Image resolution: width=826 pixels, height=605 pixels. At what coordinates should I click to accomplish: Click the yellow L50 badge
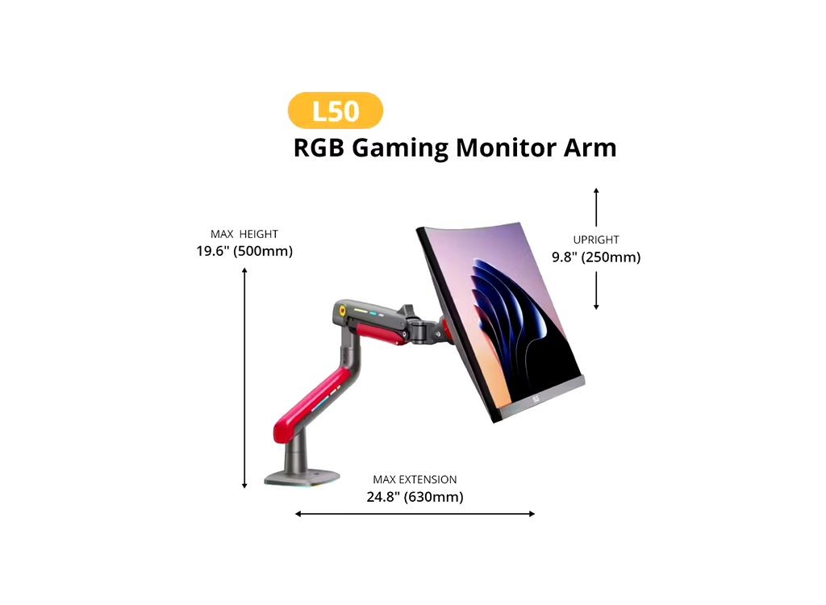tap(335, 111)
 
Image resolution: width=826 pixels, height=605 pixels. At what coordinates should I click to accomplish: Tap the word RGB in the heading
tap(319, 148)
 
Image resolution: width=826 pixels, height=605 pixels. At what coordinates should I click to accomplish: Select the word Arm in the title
tap(590, 148)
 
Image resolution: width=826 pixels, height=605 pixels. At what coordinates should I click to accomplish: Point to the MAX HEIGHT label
tap(244, 234)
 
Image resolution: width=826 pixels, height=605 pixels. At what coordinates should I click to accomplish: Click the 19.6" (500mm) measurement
tap(244, 251)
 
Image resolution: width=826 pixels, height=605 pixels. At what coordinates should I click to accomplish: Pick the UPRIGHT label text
tap(596, 240)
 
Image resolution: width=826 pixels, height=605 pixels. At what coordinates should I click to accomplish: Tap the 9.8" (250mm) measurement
tap(596, 257)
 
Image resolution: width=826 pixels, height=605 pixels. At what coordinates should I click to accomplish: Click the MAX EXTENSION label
tap(415, 480)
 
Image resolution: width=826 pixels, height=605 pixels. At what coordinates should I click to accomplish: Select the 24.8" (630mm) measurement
tap(415, 497)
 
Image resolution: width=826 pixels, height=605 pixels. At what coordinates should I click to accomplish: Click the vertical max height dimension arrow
tap(244, 378)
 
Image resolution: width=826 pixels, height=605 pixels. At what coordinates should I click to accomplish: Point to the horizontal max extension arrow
tap(415, 514)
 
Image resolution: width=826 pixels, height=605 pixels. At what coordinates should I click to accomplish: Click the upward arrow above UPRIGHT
tap(596, 207)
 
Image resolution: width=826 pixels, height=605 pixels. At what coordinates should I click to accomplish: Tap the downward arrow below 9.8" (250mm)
tap(596, 290)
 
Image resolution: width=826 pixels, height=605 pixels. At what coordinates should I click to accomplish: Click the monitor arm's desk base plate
tap(301, 478)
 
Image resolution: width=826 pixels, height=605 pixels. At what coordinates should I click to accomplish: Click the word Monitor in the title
tap(507, 148)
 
